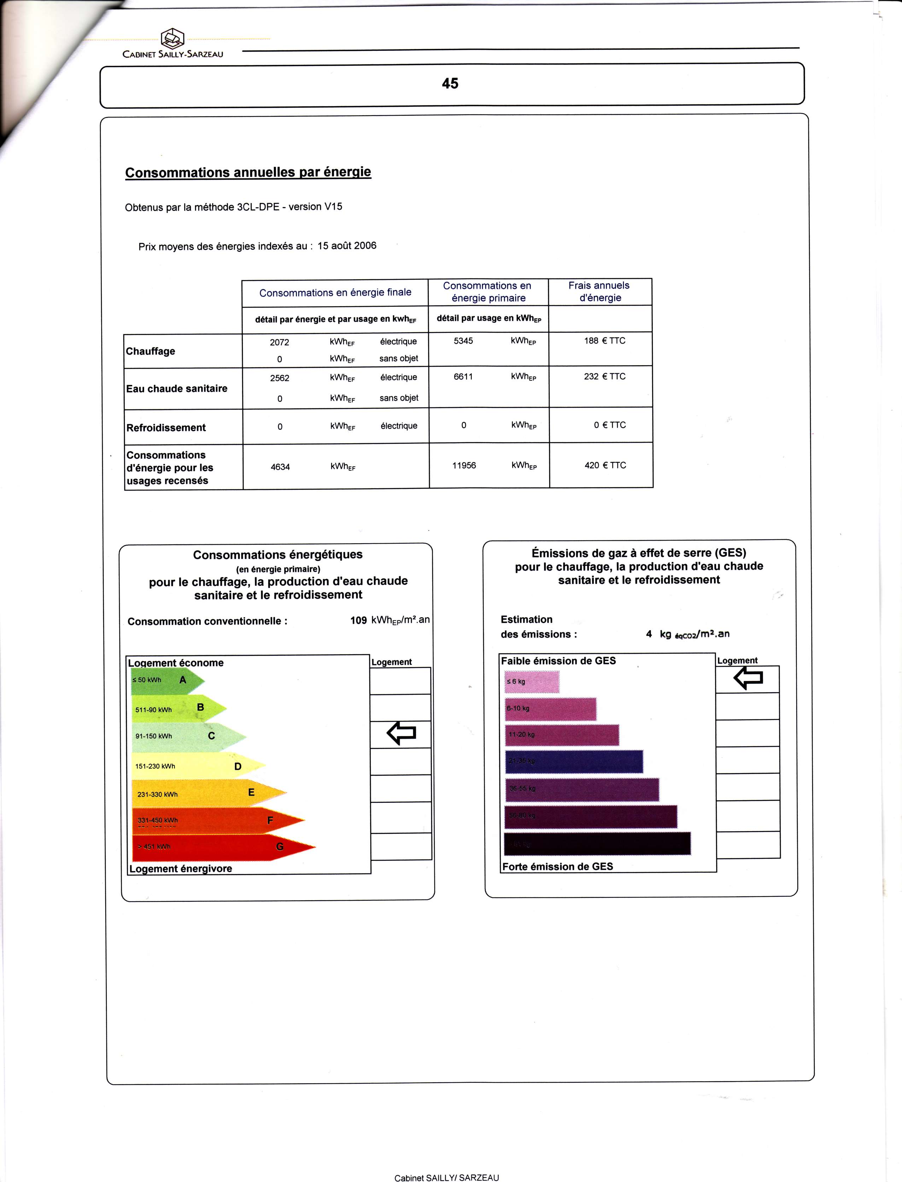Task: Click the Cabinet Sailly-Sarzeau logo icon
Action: (172, 38)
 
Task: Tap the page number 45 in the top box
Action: (450, 83)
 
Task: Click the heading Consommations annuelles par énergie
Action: (248, 172)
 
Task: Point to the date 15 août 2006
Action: (347, 246)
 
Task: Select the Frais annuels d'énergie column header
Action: (600, 292)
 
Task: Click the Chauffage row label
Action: (150, 351)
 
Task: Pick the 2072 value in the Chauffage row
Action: (279, 342)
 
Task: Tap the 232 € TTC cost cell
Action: (604, 377)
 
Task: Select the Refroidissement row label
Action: (166, 428)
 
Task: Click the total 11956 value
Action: (464, 466)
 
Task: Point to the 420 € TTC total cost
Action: (605, 466)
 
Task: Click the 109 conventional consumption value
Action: (358, 621)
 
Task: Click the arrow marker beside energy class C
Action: (401, 733)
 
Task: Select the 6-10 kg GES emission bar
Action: (550, 709)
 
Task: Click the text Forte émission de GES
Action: (557, 866)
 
